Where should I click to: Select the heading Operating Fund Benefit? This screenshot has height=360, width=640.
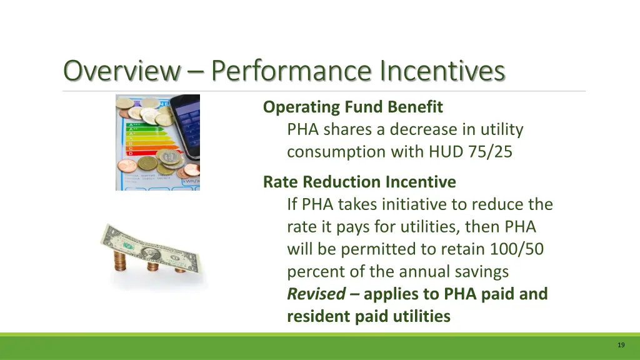pos(352,107)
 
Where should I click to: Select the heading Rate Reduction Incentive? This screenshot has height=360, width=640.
pos(359,182)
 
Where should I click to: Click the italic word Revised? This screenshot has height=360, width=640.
pos(316,294)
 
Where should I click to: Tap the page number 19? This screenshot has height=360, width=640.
pos(621,345)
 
